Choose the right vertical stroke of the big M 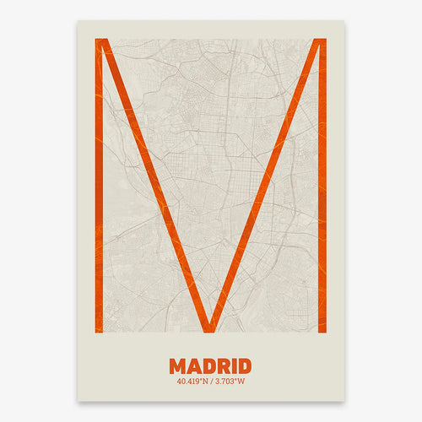322,186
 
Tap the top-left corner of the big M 100,41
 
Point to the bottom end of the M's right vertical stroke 322,330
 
